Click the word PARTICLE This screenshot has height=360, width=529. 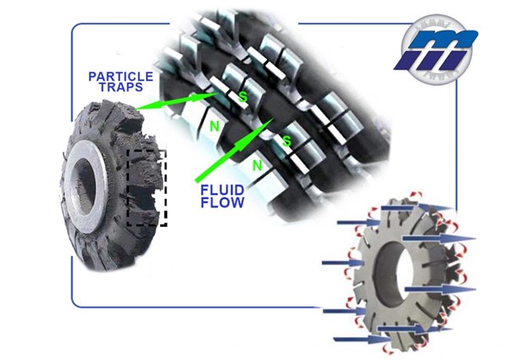(120, 76)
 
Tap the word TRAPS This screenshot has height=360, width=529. (120, 87)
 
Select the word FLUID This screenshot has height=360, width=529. (222, 190)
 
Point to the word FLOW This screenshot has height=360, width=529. (222, 202)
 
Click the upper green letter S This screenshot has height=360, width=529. (243, 97)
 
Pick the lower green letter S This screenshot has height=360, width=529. (287, 141)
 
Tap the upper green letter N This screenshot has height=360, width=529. (214, 126)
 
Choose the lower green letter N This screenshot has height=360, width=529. (257, 165)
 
